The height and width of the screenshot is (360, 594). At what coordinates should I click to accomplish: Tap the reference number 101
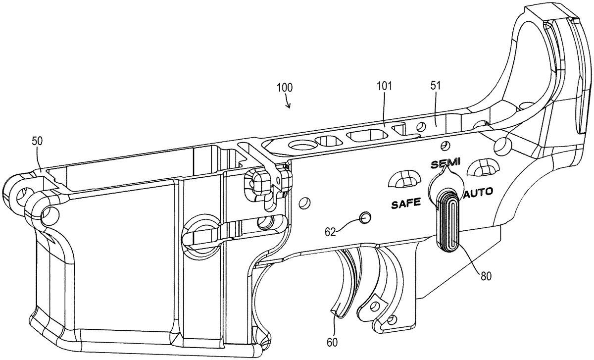click(x=384, y=86)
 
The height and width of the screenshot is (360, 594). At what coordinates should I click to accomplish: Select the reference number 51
click(x=436, y=86)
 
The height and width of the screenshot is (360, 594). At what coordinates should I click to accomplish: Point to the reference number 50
click(x=38, y=141)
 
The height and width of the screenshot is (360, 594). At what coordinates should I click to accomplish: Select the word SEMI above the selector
click(x=446, y=163)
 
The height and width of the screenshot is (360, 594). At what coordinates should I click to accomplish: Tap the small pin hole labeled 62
click(x=365, y=217)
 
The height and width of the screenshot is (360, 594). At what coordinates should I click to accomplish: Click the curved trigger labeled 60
click(x=347, y=282)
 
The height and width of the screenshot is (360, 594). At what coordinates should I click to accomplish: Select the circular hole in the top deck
click(x=301, y=145)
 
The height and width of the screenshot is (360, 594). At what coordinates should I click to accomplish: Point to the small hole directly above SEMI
click(x=445, y=145)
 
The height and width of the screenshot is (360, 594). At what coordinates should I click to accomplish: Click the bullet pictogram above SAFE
click(x=404, y=178)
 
